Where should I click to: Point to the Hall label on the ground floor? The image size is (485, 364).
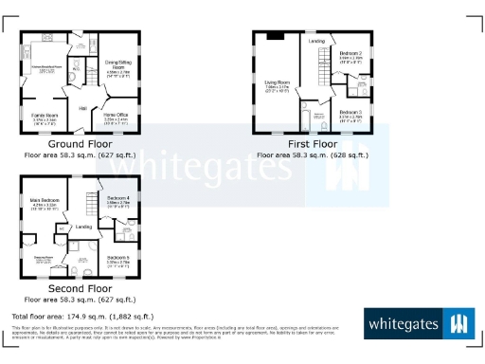(82, 109)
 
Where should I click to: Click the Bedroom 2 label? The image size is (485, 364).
(351, 54)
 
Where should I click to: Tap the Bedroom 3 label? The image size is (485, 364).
(350, 113)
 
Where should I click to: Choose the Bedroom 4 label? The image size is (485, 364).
(118, 198)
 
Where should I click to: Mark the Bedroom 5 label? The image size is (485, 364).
(118, 258)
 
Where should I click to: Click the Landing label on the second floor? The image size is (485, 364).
(83, 227)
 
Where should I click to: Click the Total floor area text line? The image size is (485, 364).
(73, 316)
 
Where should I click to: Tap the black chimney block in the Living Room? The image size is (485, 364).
(274, 36)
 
